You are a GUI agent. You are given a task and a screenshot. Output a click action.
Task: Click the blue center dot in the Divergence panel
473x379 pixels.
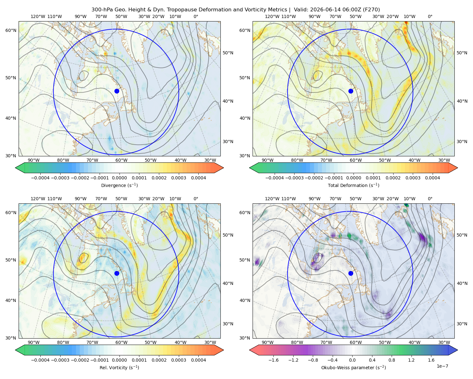[117, 91]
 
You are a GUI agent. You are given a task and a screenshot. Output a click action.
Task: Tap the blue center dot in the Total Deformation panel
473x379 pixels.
[351, 91]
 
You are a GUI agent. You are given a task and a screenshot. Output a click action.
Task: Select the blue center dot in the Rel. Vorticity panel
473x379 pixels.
[117, 273]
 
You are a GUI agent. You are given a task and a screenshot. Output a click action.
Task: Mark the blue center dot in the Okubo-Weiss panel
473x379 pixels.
[351, 273]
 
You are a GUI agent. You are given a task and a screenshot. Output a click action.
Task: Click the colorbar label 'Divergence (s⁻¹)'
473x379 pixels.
[119, 185]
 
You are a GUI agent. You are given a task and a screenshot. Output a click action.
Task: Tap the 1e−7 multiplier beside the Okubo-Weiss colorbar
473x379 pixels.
[442, 366]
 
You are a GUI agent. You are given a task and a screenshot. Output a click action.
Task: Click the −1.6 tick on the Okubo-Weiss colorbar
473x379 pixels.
[273, 360]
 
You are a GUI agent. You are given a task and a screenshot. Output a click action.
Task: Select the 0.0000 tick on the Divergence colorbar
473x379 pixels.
[119, 178]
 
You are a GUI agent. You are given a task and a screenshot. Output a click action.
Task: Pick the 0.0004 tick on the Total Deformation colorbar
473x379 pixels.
[432, 178]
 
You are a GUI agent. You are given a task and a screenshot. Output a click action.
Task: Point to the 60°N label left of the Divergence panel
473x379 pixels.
[11, 30]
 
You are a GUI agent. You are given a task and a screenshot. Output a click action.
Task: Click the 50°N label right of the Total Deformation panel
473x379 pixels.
[462, 53]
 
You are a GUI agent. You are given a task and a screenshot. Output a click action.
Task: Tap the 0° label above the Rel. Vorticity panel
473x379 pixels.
[196, 199]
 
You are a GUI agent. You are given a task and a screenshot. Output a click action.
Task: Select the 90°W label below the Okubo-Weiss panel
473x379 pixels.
[267, 342]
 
